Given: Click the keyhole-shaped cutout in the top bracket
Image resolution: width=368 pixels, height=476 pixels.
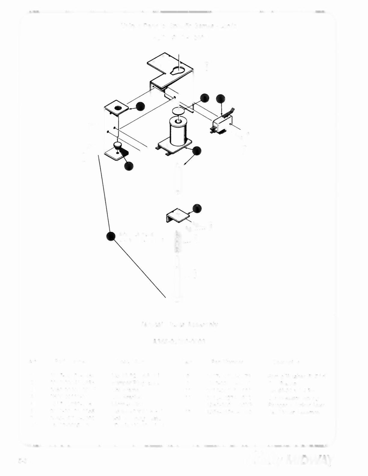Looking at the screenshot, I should [x=177, y=71].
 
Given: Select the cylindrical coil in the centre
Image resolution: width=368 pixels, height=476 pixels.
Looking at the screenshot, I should [x=178, y=131].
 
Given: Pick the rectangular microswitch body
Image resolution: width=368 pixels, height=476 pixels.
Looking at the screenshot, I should [x=222, y=124].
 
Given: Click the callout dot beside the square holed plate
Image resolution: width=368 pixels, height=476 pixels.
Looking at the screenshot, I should [x=140, y=106].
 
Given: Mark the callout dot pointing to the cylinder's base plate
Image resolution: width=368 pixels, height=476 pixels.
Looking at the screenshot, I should [x=197, y=151].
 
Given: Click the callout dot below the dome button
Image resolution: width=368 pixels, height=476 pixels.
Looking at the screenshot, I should [x=129, y=166].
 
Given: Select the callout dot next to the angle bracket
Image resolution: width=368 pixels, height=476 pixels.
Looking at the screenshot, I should [x=197, y=208].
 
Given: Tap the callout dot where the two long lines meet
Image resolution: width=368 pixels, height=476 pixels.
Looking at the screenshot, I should [x=111, y=236].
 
